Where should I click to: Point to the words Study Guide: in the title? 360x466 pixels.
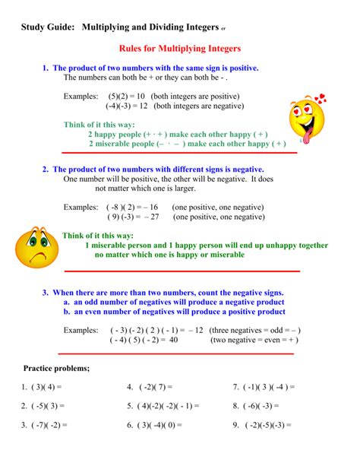[x=48, y=27]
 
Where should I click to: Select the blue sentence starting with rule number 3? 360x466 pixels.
[x=163, y=293]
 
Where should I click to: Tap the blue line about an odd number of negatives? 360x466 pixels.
[x=174, y=302]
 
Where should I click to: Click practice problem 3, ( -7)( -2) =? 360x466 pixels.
[x=45, y=425]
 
